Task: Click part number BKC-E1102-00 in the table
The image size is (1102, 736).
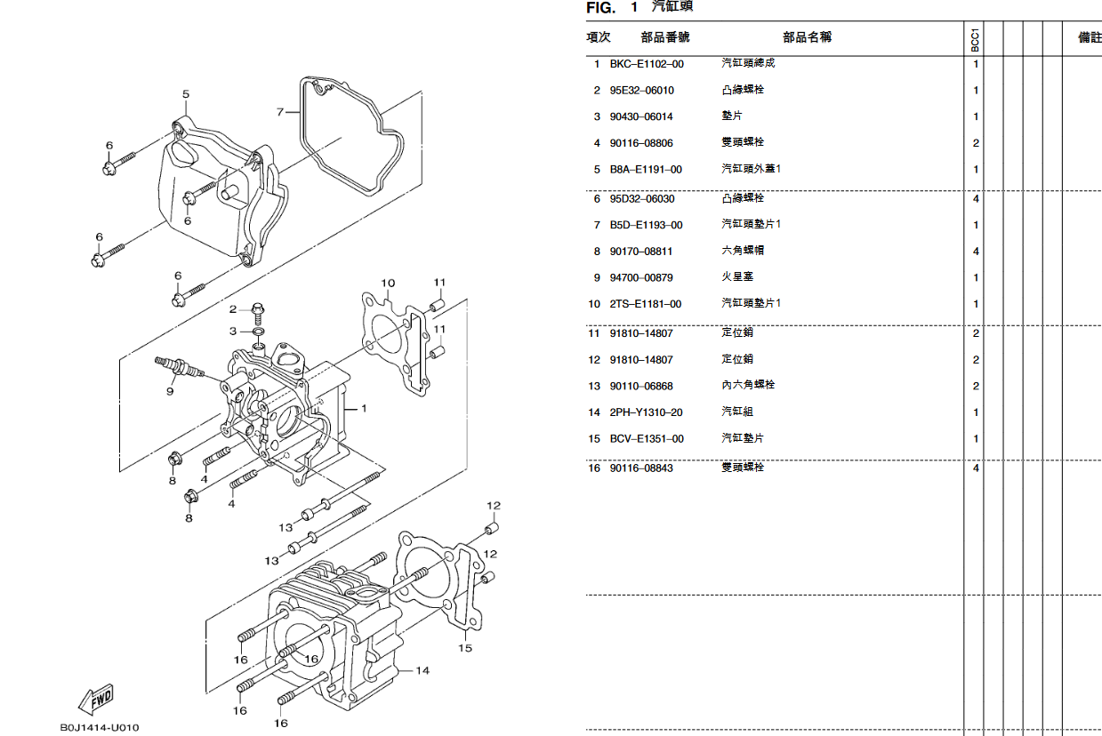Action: coord(647,64)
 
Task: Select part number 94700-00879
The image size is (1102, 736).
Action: coord(640,278)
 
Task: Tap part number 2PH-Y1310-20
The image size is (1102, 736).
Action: coord(646,412)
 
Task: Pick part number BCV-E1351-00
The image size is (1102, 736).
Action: coord(647,439)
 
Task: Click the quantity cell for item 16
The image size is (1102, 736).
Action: coord(976,468)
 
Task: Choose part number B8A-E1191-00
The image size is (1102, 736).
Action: coord(646,170)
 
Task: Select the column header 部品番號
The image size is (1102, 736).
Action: coord(664,37)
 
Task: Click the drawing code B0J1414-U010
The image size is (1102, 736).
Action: coord(100,727)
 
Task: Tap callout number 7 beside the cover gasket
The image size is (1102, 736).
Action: coord(280,112)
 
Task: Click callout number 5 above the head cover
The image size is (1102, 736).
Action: coord(186,94)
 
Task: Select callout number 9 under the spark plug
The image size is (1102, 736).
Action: coord(169,390)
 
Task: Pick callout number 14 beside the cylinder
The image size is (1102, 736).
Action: coord(422,670)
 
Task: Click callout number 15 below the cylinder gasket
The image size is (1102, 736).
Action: coord(465,648)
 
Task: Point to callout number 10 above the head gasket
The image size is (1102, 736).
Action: coord(388,284)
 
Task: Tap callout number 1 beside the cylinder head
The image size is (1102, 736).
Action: coord(363,408)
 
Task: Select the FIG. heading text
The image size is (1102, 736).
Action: coord(601,8)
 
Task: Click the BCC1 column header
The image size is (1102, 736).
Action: coord(976,38)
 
